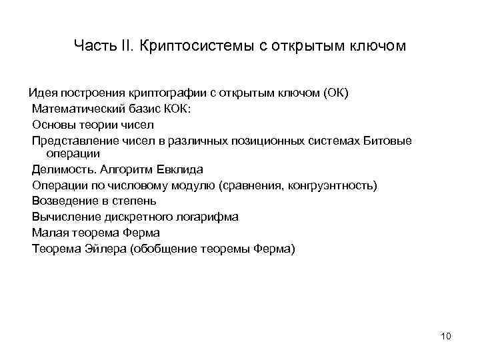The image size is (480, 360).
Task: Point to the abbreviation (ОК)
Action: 336,93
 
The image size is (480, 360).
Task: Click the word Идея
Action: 41,93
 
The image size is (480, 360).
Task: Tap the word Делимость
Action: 61,169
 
